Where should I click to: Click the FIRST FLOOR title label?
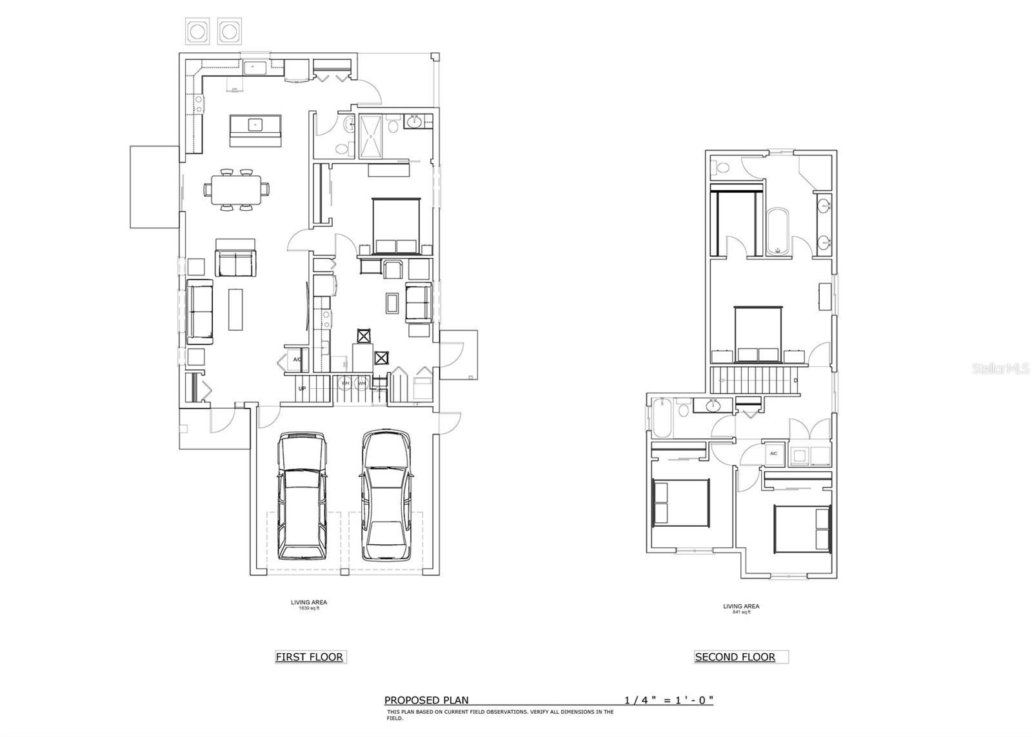pyautogui.click(x=310, y=657)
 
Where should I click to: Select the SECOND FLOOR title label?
pyautogui.click(x=735, y=657)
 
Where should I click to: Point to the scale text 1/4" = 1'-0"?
pyautogui.click(x=668, y=700)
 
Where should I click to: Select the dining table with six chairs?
pyautogui.click(x=235, y=190)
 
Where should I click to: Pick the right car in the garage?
pyautogui.click(x=386, y=495)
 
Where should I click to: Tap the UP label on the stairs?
pyautogui.click(x=301, y=389)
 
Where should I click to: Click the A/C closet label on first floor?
pyautogui.click(x=297, y=360)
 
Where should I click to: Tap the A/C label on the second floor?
pyautogui.click(x=773, y=454)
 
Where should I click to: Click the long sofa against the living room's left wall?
pyautogui.click(x=200, y=313)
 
